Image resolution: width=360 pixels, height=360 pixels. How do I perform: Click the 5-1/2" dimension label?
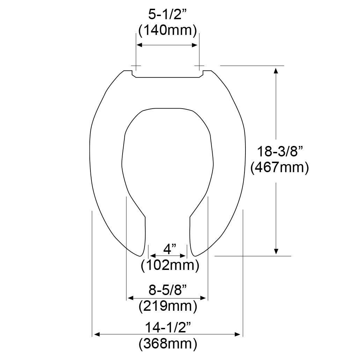pos(167,15)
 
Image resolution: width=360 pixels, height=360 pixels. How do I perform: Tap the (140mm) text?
pos(168,30)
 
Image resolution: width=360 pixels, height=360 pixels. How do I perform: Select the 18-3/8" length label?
pos(279,152)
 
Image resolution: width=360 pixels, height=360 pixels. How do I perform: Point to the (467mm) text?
pos(279,168)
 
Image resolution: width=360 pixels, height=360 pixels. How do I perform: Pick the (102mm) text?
pos(170,265)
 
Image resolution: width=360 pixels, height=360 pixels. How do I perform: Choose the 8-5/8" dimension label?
pos(167,290)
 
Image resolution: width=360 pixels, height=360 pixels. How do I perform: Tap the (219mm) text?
pos(168,306)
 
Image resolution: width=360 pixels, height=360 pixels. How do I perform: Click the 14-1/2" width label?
pos(168,328)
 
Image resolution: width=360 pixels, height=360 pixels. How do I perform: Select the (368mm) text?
pos(168,344)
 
